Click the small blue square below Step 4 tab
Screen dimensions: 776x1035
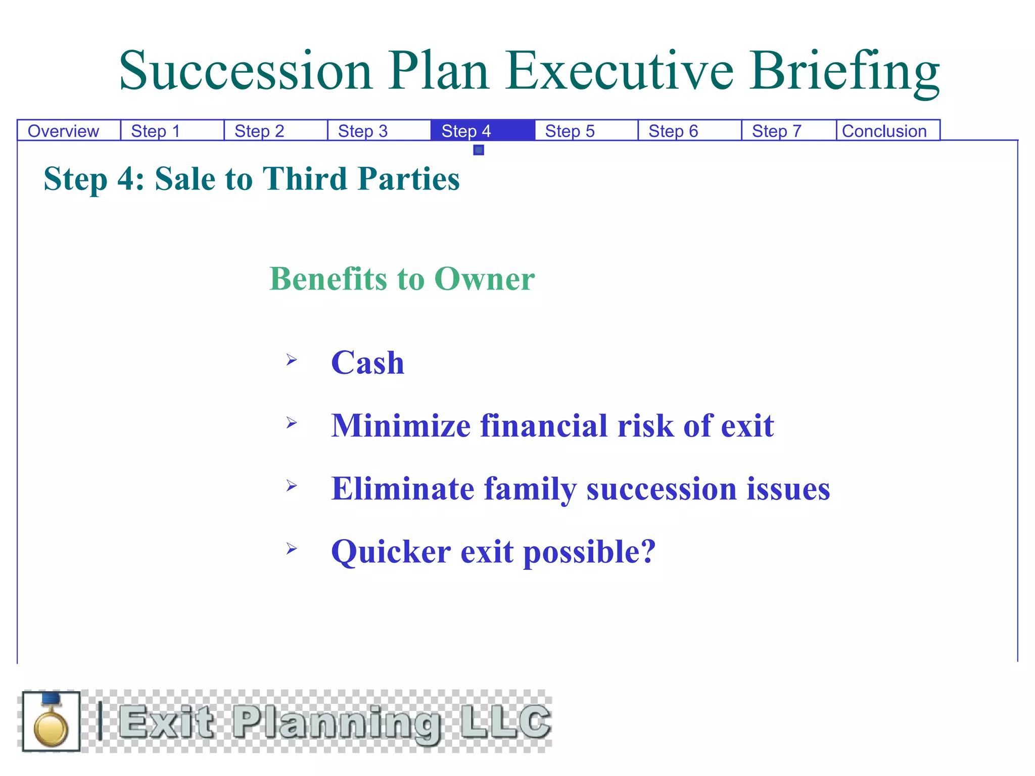point(479,150)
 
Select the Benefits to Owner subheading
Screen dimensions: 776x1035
point(402,278)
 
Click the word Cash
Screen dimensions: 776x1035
point(367,363)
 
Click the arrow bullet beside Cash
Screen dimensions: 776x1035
point(292,360)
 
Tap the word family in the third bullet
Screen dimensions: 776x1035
point(530,489)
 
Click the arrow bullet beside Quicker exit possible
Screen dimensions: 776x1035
point(292,548)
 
